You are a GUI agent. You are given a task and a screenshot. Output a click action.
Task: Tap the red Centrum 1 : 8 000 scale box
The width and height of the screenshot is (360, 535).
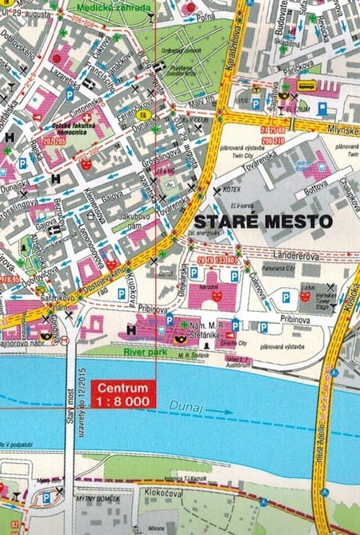pos(124,393)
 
